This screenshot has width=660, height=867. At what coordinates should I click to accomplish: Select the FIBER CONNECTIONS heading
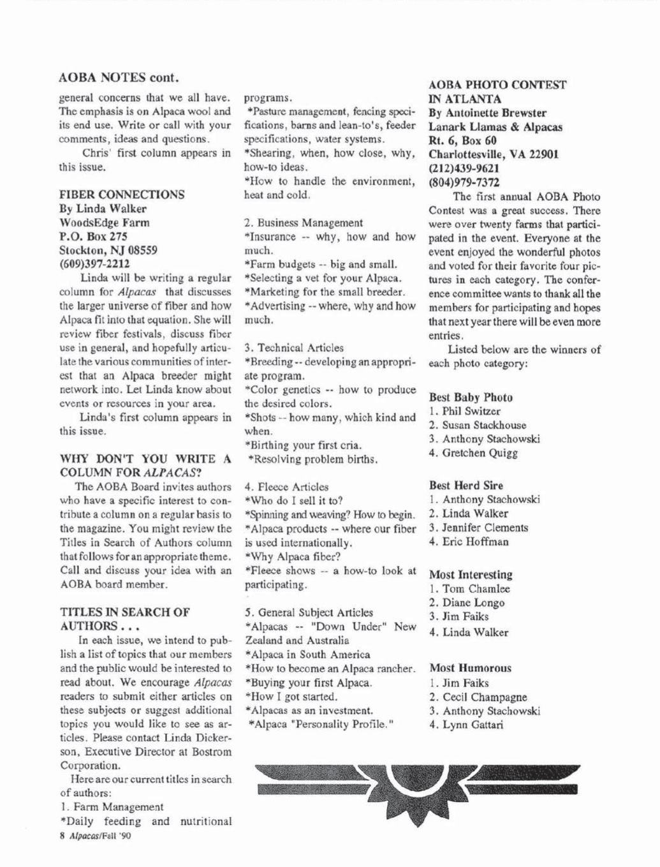click(x=122, y=195)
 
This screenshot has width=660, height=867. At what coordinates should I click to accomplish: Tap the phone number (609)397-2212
click(x=94, y=263)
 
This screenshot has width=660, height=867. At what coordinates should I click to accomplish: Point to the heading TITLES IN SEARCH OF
click(x=124, y=612)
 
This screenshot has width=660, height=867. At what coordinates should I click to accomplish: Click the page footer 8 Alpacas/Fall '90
click(x=94, y=836)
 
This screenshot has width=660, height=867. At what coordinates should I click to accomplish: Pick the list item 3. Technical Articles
click(x=294, y=348)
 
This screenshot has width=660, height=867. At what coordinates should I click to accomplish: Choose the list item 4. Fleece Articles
click(x=287, y=487)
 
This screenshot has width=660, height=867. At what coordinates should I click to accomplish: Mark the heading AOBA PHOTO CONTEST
click(x=497, y=85)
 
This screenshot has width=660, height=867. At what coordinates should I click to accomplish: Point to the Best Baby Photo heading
click(x=471, y=397)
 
